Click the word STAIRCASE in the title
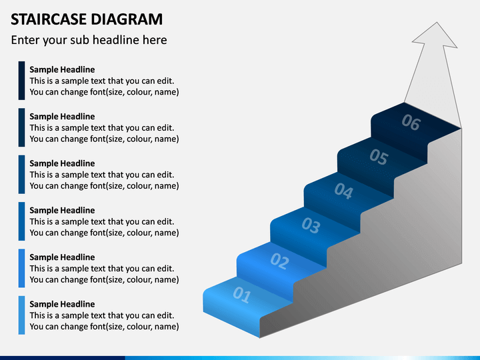[49, 19]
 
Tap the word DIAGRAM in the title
[127, 19]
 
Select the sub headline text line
[89, 40]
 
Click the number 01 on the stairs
[242, 295]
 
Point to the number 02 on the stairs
[279, 261]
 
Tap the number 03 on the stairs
[311, 225]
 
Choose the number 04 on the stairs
[344, 191]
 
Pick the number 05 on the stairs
[379, 157]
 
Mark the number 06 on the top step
[411, 122]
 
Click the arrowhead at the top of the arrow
[435, 35]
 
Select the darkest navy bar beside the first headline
[21, 81]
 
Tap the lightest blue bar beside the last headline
[21, 315]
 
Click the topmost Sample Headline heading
[62, 69]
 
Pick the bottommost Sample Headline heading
[62, 304]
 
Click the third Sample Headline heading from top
[62, 163]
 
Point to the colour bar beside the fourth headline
[21, 221]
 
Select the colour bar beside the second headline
[21, 127]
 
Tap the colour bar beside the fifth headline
[21, 268]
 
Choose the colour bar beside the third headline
[21, 175]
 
